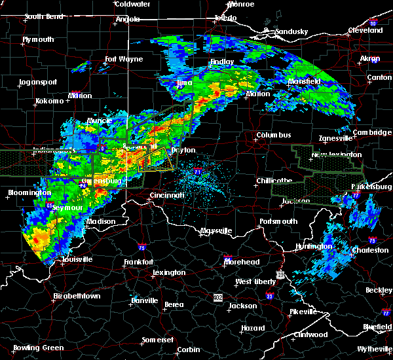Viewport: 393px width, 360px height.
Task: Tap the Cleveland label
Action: (x=365, y=30)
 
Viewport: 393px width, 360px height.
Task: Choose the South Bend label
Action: (x=44, y=16)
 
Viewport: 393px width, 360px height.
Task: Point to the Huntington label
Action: (x=314, y=247)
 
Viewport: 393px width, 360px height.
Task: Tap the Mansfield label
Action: (x=305, y=82)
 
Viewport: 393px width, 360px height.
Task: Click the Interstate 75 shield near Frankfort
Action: (x=142, y=247)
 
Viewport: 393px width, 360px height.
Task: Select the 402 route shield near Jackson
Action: (x=217, y=297)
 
